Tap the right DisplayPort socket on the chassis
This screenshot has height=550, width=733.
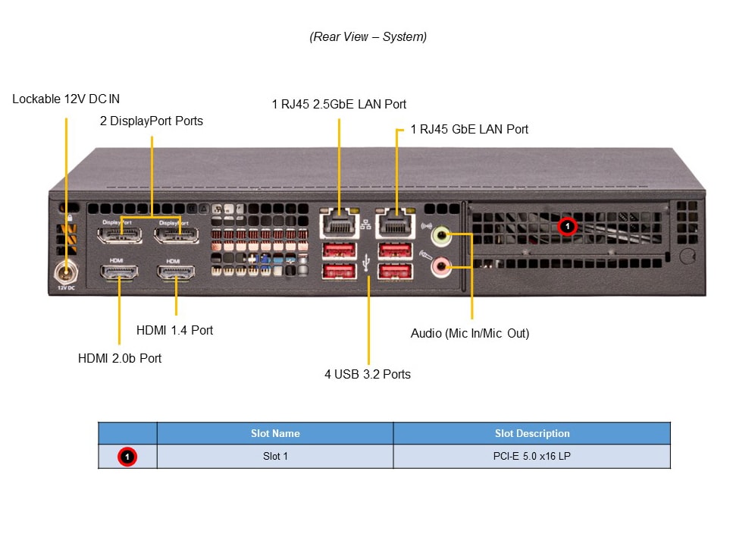176,231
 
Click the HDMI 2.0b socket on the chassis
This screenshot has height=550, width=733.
118,273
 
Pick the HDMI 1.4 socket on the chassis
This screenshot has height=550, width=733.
175,273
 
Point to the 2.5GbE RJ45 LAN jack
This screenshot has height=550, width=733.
338,223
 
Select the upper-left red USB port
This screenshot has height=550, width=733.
338,250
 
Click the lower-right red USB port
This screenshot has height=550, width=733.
394,271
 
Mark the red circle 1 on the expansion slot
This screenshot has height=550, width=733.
568,226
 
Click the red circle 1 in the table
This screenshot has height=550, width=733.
127,457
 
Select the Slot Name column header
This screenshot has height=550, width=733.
275,434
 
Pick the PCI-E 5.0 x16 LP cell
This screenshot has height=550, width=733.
531,457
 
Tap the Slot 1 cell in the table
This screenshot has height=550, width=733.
275,457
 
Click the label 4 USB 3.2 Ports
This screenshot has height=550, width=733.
368,374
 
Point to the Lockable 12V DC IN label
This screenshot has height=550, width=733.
66,99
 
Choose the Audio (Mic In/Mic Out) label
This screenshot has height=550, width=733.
470,333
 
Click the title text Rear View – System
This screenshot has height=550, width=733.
368,36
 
